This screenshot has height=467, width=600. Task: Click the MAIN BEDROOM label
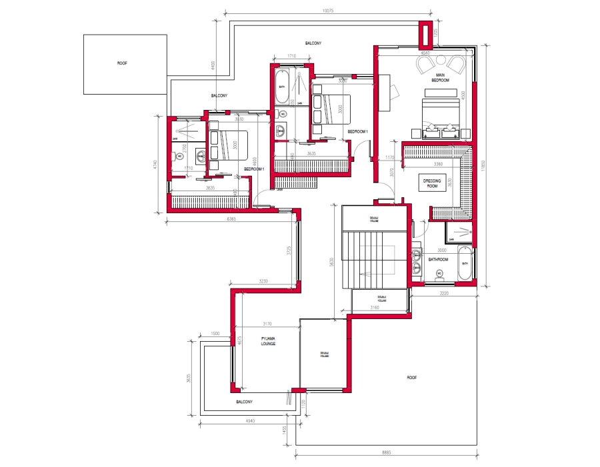click(440, 77)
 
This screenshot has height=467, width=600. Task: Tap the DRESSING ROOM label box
click(430, 182)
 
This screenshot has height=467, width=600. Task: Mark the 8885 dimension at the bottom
click(387, 453)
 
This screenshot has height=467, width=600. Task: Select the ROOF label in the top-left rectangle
click(122, 63)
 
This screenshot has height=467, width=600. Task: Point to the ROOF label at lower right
click(411, 377)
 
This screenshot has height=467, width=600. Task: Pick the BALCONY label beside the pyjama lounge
click(244, 402)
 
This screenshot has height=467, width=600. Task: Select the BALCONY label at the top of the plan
click(313, 43)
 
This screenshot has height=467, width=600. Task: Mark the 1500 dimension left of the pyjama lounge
click(215, 333)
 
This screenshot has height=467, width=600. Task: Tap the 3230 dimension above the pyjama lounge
click(263, 281)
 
